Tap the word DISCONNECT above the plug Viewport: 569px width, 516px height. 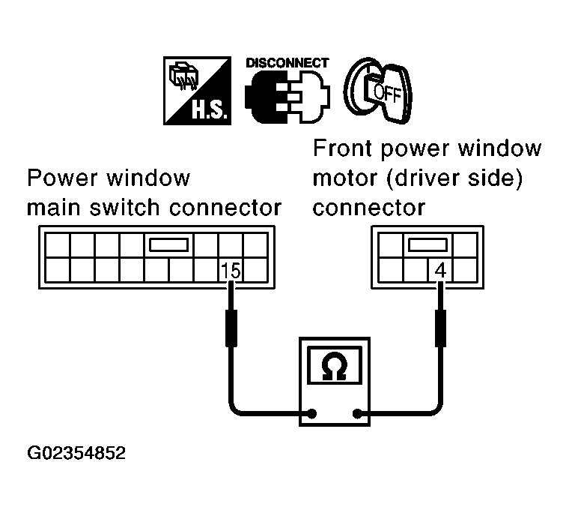tap(287, 63)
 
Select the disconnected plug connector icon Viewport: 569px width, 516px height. tap(287, 96)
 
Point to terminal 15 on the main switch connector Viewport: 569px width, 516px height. tap(231, 271)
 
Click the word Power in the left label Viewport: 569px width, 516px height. tap(61, 178)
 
